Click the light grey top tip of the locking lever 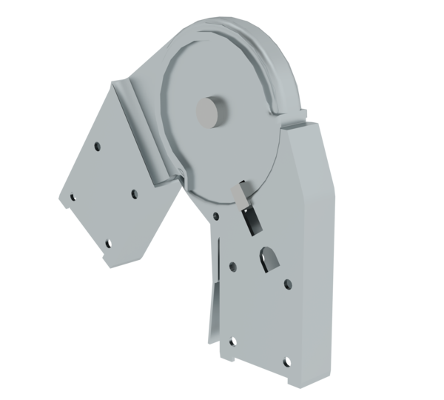coord(242,194)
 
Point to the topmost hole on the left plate coord(99,146)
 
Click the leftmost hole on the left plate coord(73,197)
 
